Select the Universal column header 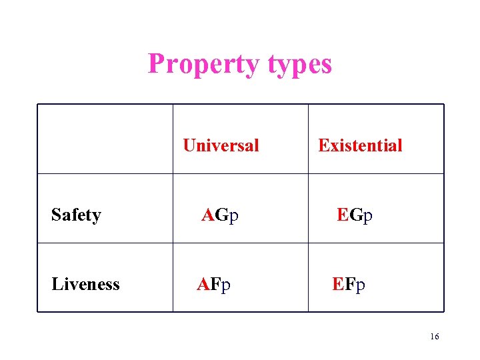(x=221, y=145)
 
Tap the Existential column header (x=360, y=145)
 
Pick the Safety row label (x=76, y=215)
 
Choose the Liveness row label (x=85, y=284)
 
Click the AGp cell (x=221, y=215)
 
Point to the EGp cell (x=355, y=215)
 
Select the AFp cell (x=214, y=284)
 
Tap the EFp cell (x=349, y=284)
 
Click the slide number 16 (x=434, y=337)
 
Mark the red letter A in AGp (x=209, y=215)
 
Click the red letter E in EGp (x=343, y=215)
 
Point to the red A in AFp (x=203, y=284)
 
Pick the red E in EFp (x=338, y=284)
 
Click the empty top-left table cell (x=105, y=139)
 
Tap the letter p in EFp (x=361, y=285)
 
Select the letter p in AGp (x=233, y=216)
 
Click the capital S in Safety (x=56, y=215)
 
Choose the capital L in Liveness (x=57, y=284)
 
